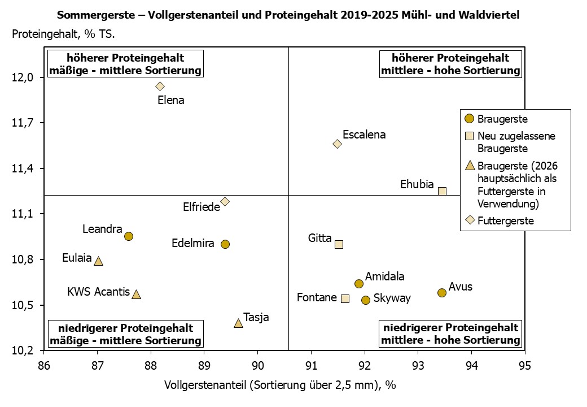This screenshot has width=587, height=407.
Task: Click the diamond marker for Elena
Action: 160,86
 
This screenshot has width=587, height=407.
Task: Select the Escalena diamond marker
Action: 337,144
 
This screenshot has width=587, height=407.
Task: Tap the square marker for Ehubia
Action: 442,191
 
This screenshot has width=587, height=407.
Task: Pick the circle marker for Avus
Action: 442,292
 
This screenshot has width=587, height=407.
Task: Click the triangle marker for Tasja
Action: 238,323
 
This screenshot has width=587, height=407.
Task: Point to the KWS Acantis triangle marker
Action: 136,295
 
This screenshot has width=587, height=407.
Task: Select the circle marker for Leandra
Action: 129,236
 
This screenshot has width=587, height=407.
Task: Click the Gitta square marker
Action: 339,244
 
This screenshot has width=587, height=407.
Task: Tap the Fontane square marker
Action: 345,298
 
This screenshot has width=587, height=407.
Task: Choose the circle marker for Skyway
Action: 366,300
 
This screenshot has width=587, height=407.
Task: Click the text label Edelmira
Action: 192,244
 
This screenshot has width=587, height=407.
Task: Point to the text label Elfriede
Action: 201,207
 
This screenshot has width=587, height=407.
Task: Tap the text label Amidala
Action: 384,276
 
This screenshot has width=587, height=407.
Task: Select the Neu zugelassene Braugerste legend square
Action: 468,136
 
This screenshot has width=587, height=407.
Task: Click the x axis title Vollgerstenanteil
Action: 280,385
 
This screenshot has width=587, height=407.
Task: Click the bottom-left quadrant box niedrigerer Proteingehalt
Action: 125,334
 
